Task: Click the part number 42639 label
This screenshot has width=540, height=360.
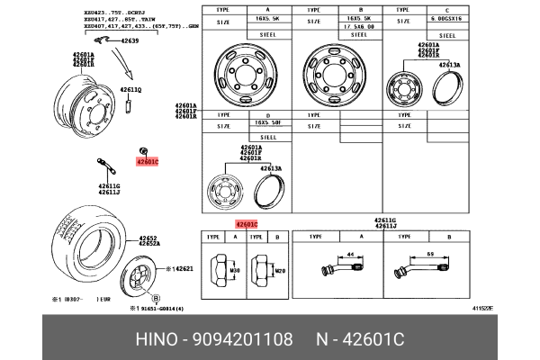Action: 130,41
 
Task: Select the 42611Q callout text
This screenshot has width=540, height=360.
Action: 131,90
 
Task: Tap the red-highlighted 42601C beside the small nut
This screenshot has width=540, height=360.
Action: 147,162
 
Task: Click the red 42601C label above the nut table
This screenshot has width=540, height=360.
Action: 247,224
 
